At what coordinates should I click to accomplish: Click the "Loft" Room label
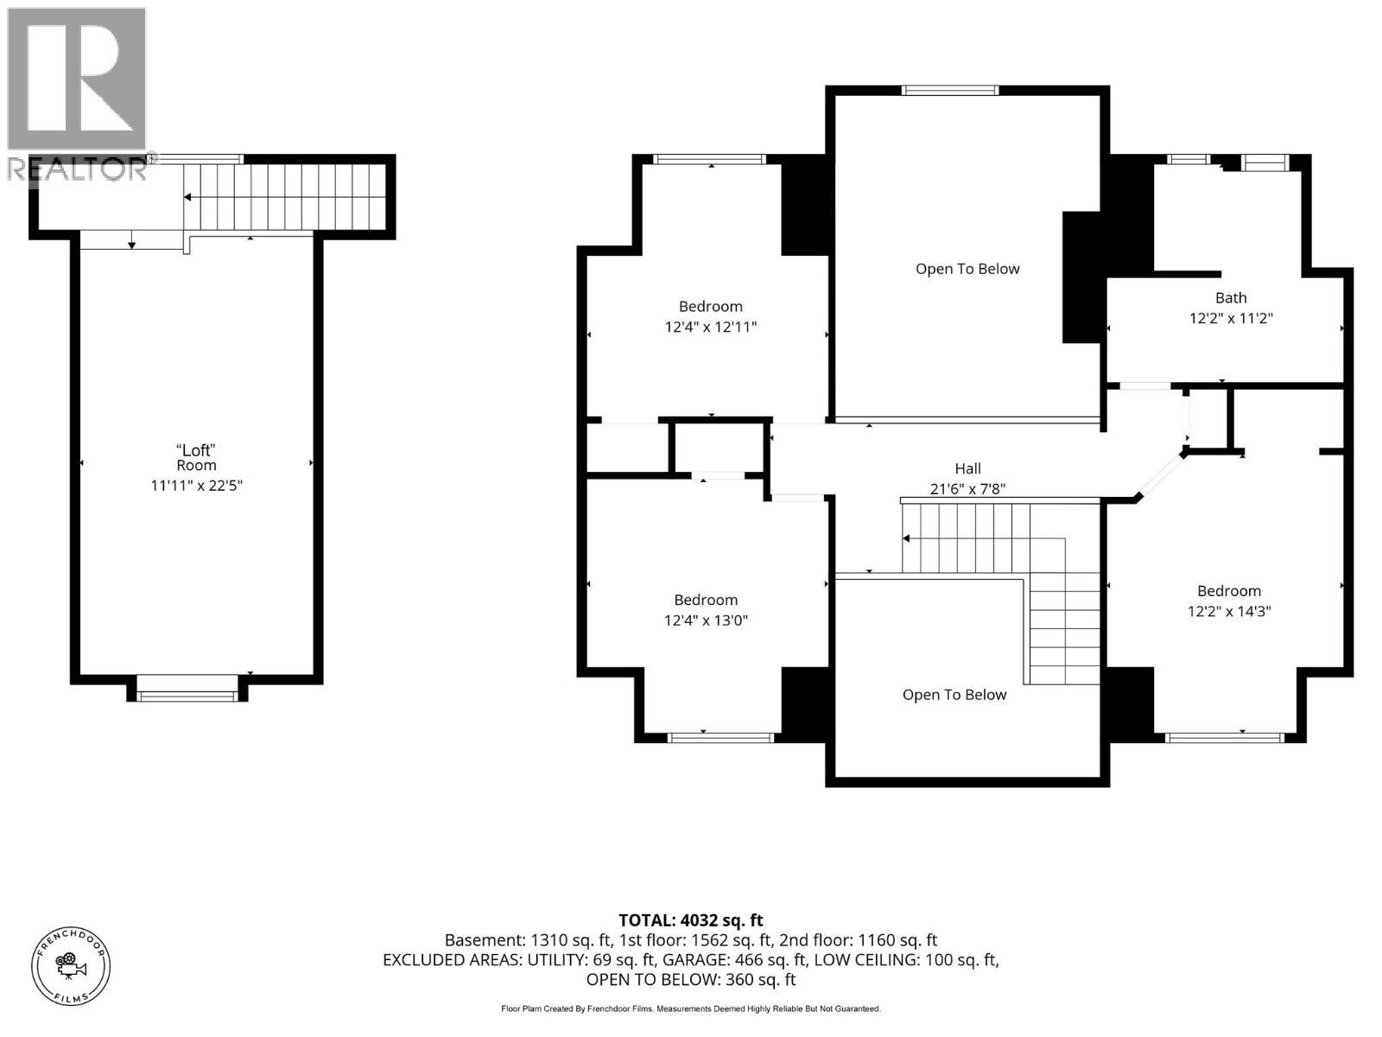coord(196,458)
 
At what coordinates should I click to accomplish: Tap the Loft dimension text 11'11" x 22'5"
coord(196,486)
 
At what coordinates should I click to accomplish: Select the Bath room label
coord(1230,298)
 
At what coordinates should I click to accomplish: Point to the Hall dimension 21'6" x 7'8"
coord(967,488)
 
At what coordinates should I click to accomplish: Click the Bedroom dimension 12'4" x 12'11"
coord(710,327)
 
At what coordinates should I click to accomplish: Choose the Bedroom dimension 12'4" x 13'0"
coord(705,620)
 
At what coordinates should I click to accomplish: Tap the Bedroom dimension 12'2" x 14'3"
coord(1229,611)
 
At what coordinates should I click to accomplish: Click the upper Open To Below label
coord(967,269)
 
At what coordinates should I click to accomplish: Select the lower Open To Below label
coord(954,695)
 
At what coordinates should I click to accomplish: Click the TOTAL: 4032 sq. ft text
coord(691,920)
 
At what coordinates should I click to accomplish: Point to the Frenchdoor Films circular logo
coord(71,966)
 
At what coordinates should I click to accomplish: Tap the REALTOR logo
coord(77,94)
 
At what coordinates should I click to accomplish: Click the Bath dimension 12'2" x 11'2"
coord(1230,318)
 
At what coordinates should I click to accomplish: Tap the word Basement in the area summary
coord(485,940)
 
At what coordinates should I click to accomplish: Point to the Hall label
coord(967,468)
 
